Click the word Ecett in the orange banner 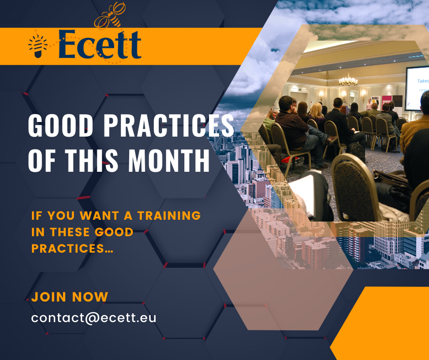pyautogui.click(x=100, y=44)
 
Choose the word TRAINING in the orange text pyautogui.click(x=169, y=216)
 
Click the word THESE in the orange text pyautogui.click(x=70, y=232)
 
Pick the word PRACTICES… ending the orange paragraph pyautogui.click(x=72, y=249)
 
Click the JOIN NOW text pyautogui.click(x=70, y=297)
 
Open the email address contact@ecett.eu pyautogui.click(x=94, y=318)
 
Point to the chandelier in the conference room pyautogui.click(x=348, y=80)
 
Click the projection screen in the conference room pyautogui.click(x=417, y=88)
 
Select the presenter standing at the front pyautogui.click(x=369, y=104)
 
